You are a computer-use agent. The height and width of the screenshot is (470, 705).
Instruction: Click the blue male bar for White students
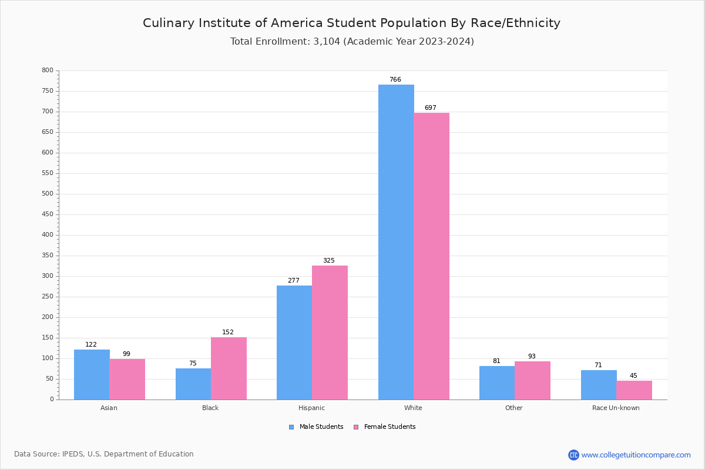click(396, 242)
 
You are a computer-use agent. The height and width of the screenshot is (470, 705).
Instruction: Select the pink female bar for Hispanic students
click(330, 333)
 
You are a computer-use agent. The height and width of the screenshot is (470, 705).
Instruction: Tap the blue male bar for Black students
click(193, 384)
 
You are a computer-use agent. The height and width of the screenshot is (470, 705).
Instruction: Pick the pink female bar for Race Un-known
click(634, 390)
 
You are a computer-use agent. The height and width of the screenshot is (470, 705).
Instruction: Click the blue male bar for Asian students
click(92, 374)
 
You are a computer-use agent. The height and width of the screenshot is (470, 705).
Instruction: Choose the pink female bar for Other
click(532, 380)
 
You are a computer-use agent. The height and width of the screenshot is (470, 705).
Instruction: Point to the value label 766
click(395, 80)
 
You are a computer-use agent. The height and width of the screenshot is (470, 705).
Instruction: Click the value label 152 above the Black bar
click(228, 333)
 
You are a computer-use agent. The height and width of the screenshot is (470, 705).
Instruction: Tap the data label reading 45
click(633, 376)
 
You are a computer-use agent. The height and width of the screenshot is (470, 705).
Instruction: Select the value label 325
click(329, 261)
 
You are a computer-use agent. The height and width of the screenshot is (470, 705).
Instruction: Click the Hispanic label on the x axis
click(311, 408)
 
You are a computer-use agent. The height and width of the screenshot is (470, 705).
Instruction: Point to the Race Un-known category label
click(616, 408)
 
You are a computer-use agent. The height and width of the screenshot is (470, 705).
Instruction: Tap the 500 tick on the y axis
click(47, 194)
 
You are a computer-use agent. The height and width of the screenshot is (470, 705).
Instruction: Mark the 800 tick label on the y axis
click(47, 70)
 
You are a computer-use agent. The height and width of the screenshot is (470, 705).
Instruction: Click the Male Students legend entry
click(321, 427)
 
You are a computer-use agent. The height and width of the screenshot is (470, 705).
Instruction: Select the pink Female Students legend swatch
click(356, 427)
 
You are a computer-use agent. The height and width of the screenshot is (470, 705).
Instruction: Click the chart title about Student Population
click(351, 23)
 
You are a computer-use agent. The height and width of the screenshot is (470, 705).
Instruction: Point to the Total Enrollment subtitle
click(352, 42)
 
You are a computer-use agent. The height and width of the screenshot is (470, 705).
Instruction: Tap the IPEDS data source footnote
click(104, 454)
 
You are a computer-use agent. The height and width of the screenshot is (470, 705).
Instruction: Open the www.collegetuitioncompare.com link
click(636, 455)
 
